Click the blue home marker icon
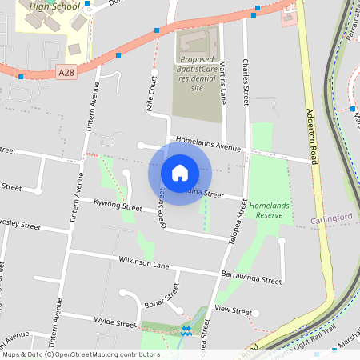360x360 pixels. (x=180, y=173)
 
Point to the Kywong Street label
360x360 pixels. (x=118, y=206)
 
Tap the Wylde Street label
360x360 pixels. (x=115, y=323)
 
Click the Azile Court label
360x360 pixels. (x=152, y=93)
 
